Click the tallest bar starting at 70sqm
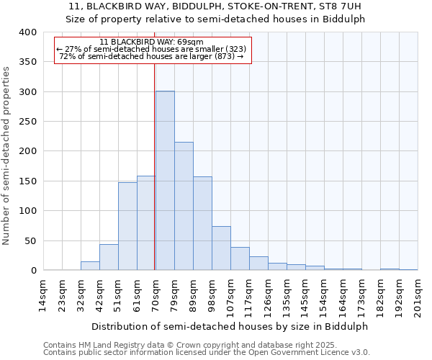tap(165, 181)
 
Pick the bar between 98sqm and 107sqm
tap(221, 248)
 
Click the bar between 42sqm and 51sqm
tap(109, 257)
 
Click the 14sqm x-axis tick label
tap(43, 296)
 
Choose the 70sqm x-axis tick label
tap(156, 296)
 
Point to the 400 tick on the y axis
tap(28, 32)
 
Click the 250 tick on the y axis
tap(28, 122)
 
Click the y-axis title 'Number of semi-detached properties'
tap(6, 156)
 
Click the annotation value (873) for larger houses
tap(225, 56)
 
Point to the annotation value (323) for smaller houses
tap(235, 49)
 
